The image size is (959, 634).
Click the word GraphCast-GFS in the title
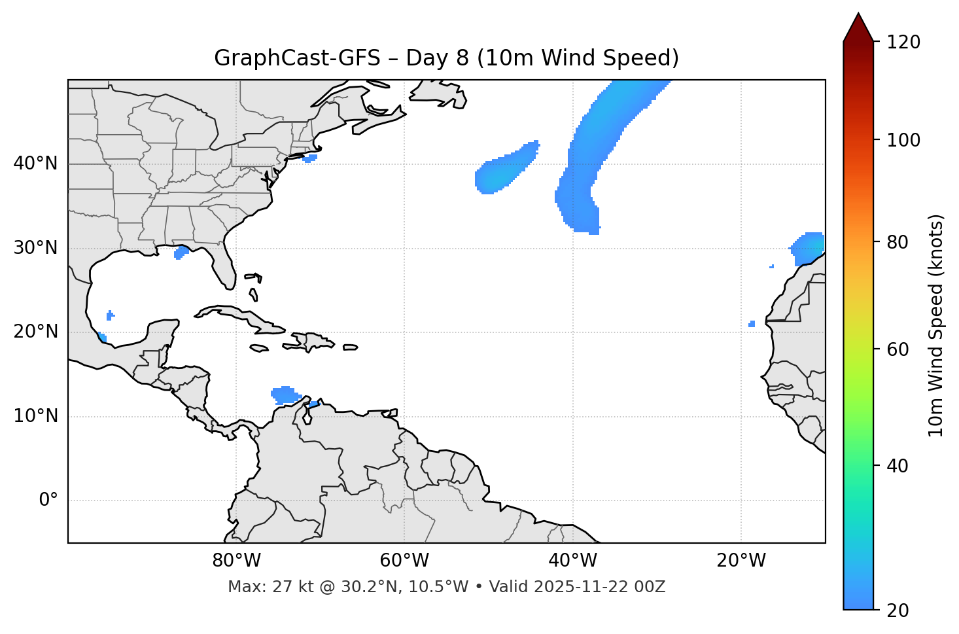(297, 58)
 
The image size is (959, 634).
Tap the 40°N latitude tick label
(35, 164)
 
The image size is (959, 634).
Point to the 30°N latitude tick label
(35, 248)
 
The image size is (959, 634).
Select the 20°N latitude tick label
(35, 332)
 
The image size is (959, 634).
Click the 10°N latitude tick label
(35, 416)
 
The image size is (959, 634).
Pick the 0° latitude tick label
(48, 501)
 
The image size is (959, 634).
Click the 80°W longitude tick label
(236, 561)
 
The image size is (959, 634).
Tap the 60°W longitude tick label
(404, 561)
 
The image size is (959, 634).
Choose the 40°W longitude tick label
(572, 561)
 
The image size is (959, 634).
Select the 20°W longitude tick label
(741, 561)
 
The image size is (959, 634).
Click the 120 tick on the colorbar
(904, 42)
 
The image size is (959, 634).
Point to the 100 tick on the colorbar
(904, 140)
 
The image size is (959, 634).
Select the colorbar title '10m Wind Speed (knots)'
(936, 325)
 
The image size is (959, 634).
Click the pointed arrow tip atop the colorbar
(858, 15)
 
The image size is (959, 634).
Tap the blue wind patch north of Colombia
(285, 395)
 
